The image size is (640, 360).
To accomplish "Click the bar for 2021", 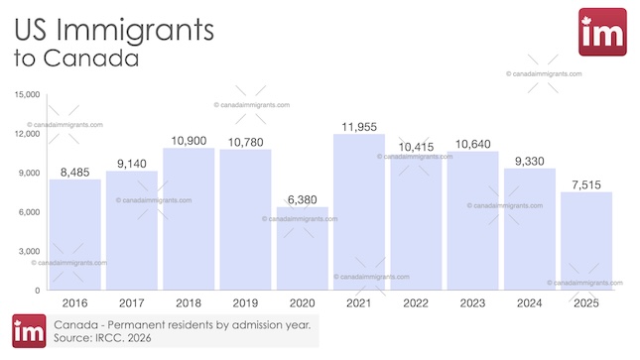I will point(358,212).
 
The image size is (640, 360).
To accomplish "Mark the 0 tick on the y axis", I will point(36,291).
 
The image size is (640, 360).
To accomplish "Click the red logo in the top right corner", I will point(601,33).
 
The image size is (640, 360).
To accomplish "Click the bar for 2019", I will point(245,219).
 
